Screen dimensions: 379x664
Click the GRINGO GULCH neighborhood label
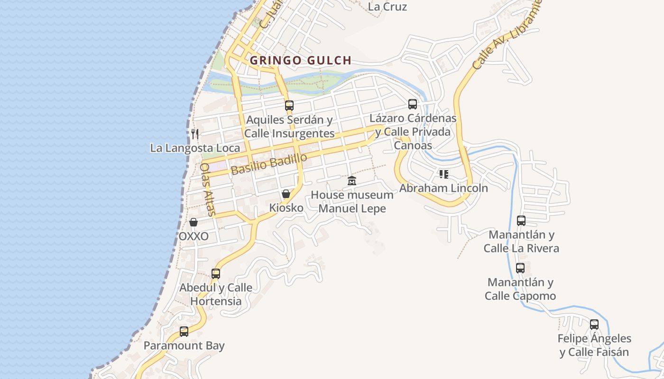click(301, 61)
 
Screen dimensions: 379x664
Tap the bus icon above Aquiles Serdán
click(289, 105)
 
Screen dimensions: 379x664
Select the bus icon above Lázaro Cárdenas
click(413, 104)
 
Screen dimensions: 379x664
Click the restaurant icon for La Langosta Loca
click(194, 134)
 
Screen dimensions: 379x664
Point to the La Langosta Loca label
click(195, 148)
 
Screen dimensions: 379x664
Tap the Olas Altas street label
click(207, 189)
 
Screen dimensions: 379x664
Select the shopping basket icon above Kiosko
click(286, 193)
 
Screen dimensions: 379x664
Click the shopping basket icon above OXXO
click(194, 222)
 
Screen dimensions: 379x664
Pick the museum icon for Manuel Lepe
click(351, 180)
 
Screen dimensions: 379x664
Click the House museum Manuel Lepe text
click(352, 201)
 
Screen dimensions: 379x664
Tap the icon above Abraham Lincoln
click(443, 174)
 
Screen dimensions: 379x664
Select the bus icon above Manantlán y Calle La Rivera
click(521, 220)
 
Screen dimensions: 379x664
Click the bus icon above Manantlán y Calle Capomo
click(520, 268)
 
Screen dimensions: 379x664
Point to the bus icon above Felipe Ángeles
click(594, 325)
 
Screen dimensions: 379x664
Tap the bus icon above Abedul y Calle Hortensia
click(216, 273)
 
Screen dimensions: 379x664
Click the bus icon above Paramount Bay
click(184, 331)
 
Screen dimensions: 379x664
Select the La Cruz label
click(387, 7)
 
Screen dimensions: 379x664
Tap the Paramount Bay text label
click(184, 346)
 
